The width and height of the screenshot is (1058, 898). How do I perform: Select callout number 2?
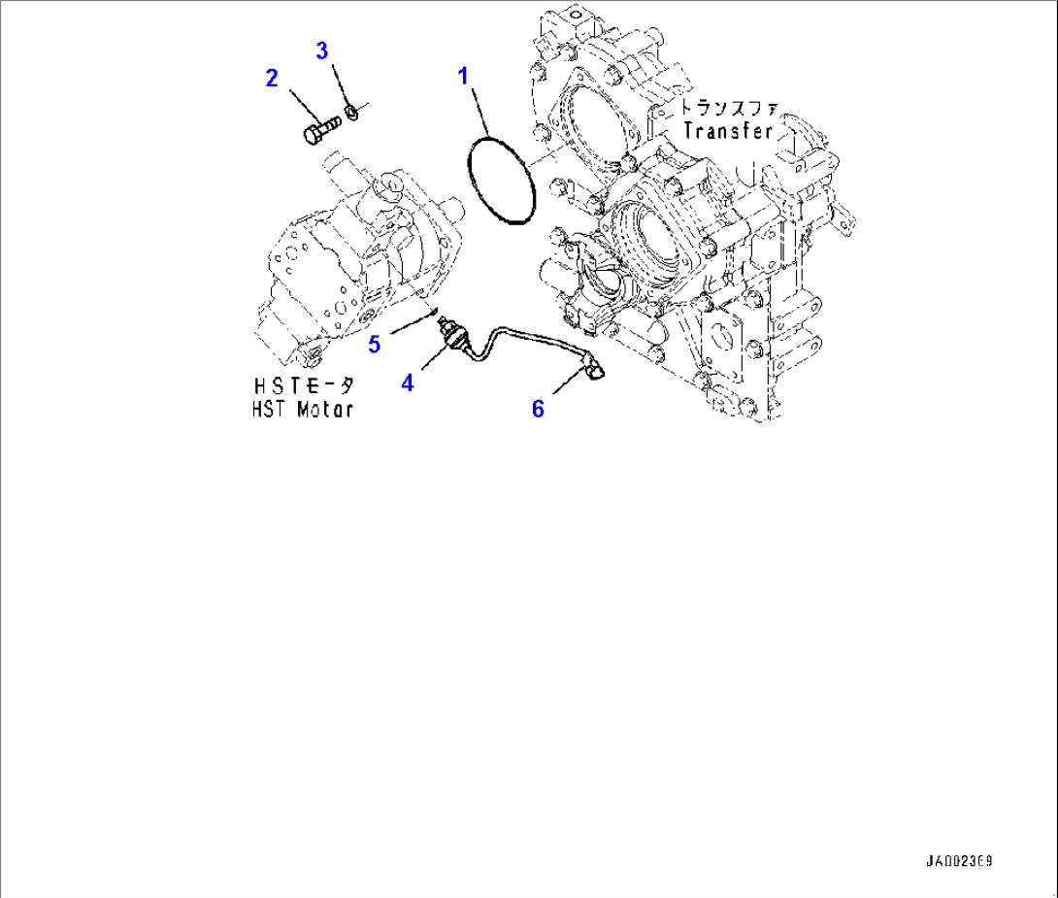273,78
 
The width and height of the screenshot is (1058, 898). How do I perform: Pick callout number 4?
408,383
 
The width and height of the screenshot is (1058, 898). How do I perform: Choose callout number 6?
537,408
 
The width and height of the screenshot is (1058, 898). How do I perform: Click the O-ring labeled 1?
501,182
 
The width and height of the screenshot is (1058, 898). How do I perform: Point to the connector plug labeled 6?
592,369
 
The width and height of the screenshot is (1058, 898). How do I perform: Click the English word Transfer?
728,129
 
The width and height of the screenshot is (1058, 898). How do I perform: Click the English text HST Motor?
297,409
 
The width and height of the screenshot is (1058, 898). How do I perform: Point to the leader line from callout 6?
563,388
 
